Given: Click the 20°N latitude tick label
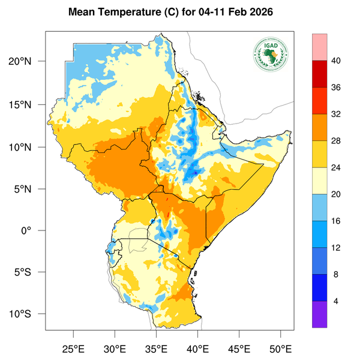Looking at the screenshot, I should coord(28,62).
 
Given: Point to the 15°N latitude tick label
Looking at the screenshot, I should coord(28,104).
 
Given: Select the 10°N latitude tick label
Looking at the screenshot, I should coord(28,147).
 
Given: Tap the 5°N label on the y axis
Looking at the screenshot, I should coord(30,189).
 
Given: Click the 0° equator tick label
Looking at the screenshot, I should coord(35,231).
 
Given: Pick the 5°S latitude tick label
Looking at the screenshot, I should coord(30,272).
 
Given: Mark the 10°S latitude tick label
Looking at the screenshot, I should coord(28,314).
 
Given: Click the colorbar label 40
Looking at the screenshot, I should coord(336,61).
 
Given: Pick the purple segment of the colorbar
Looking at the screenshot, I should coord(319,314).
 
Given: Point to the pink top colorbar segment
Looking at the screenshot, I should coord(319,47).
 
